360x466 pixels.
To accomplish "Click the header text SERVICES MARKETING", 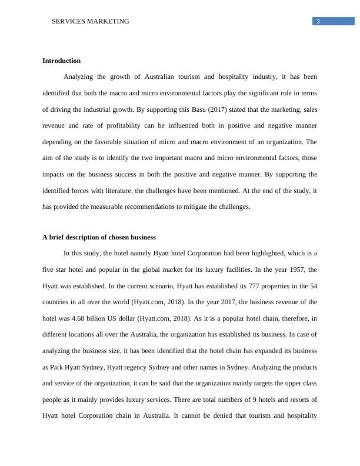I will click(x=91, y=22).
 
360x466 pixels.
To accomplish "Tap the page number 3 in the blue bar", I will click(x=318, y=22).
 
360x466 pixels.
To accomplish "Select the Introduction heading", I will click(x=61, y=61).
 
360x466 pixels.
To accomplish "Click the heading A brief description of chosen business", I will click(x=99, y=237).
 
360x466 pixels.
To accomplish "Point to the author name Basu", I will click(x=194, y=109).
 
